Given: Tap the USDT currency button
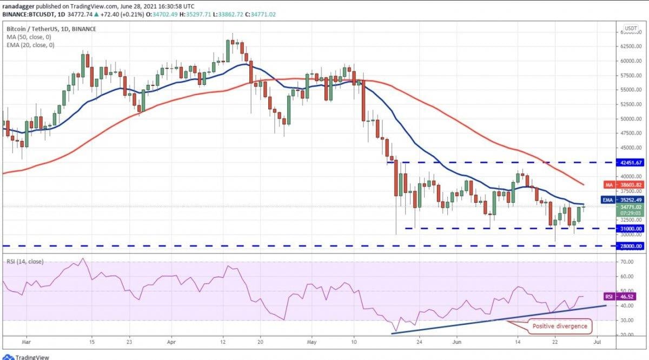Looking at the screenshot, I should point(631,28).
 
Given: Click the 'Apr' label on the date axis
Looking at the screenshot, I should point(171,342).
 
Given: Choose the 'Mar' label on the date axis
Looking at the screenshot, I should point(26,342).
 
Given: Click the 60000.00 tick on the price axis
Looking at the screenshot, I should point(631,61).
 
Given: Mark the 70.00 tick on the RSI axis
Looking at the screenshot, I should point(627,262).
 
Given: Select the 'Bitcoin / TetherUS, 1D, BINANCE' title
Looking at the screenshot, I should point(52,28).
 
